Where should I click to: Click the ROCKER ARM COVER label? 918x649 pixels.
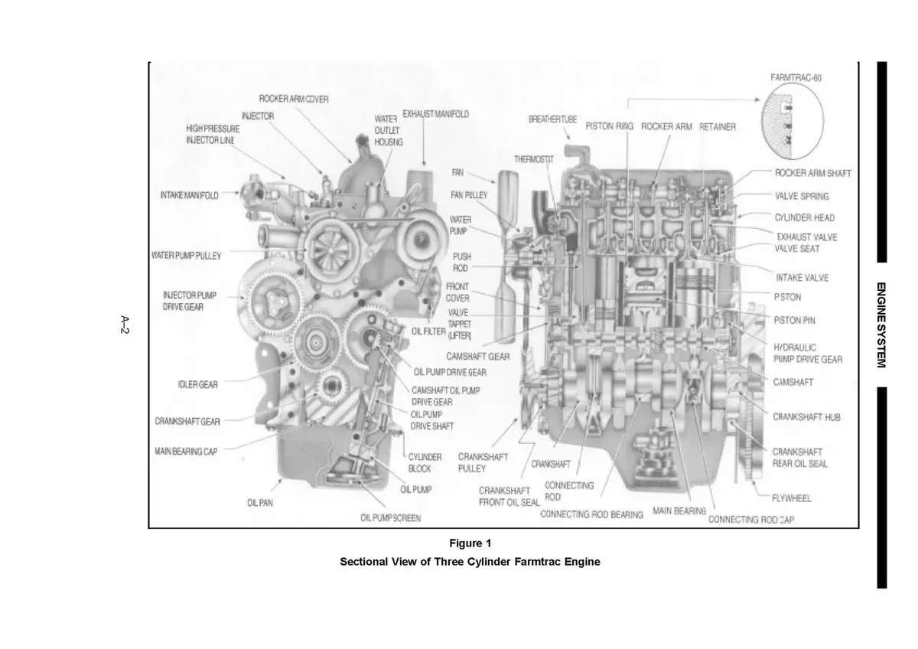click(294, 99)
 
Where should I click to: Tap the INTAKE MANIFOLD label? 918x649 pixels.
click(189, 195)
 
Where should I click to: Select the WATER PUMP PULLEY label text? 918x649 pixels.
click(187, 256)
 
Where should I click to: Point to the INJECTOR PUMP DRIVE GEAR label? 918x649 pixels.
click(184, 301)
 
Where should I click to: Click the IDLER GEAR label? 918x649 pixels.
click(197, 384)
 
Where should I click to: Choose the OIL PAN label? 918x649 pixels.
click(260, 503)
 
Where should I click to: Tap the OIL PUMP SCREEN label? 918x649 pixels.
click(390, 518)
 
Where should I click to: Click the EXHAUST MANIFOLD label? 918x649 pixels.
click(435, 114)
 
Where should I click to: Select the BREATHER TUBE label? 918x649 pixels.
click(552, 120)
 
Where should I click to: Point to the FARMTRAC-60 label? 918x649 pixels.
click(796, 77)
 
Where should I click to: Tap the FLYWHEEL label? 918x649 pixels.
click(791, 498)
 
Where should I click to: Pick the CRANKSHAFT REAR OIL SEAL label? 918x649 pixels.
click(799, 458)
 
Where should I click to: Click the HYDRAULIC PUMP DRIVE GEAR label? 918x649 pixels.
click(808, 353)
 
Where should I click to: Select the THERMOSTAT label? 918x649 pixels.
click(533, 159)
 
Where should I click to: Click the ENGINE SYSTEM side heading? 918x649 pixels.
click(881, 325)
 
